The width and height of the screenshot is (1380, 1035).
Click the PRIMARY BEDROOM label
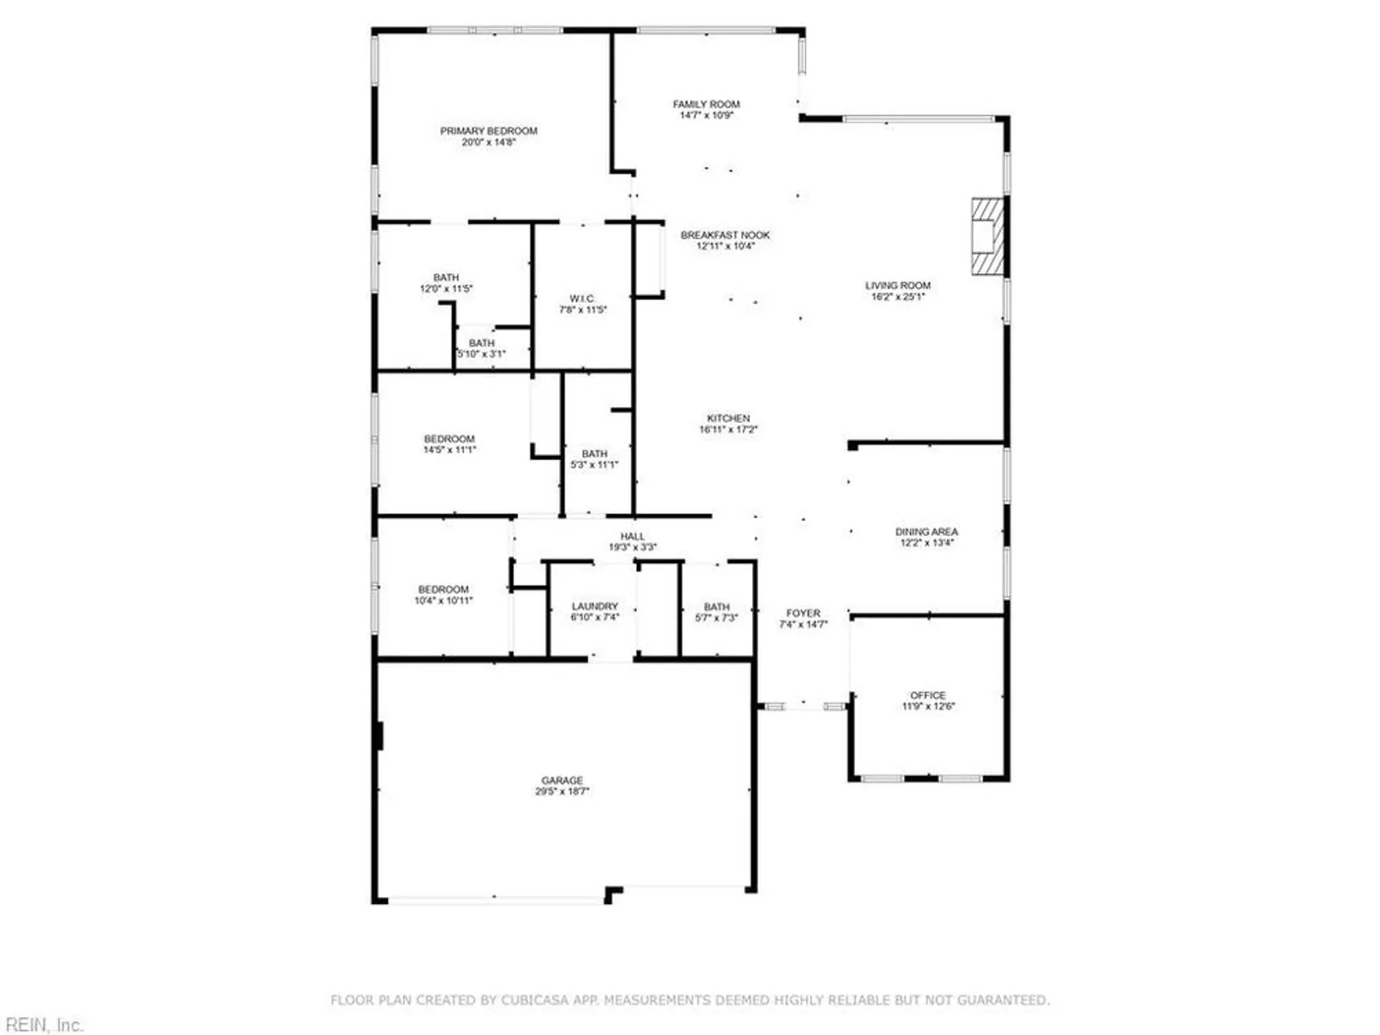[x=489, y=131]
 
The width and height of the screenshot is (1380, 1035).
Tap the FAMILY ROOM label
[x=706, y=104]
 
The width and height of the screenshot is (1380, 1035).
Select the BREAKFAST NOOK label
[x=725, y=235]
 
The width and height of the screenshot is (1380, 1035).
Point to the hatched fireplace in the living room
[x=987, y=237]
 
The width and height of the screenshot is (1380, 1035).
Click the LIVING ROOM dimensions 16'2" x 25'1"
[x=898, y=297]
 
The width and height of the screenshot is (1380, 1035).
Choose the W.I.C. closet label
[x=582, y=299]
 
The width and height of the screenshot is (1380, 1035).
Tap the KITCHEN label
[x=728, y=418]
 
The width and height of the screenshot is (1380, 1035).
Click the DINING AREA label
[x=926, y=532]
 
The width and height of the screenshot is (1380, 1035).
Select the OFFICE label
[x=927, y=696]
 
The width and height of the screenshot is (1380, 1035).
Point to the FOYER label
[x=803, y=613]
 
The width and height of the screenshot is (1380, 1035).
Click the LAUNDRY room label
[x=594, y=606]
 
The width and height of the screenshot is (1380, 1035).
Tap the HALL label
[x=632, y=536]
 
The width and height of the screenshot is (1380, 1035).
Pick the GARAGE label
[x=562, y=780]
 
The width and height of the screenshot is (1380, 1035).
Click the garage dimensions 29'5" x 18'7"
[x=562, y=791]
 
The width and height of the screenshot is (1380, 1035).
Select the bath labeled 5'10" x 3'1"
[x=482, y=348]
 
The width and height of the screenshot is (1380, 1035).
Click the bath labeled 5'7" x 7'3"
[x=716, y=612]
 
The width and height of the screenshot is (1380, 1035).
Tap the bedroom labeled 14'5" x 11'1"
[x=449, y=444]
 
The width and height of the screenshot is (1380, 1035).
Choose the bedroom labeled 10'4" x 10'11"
[x=443, y=595]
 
